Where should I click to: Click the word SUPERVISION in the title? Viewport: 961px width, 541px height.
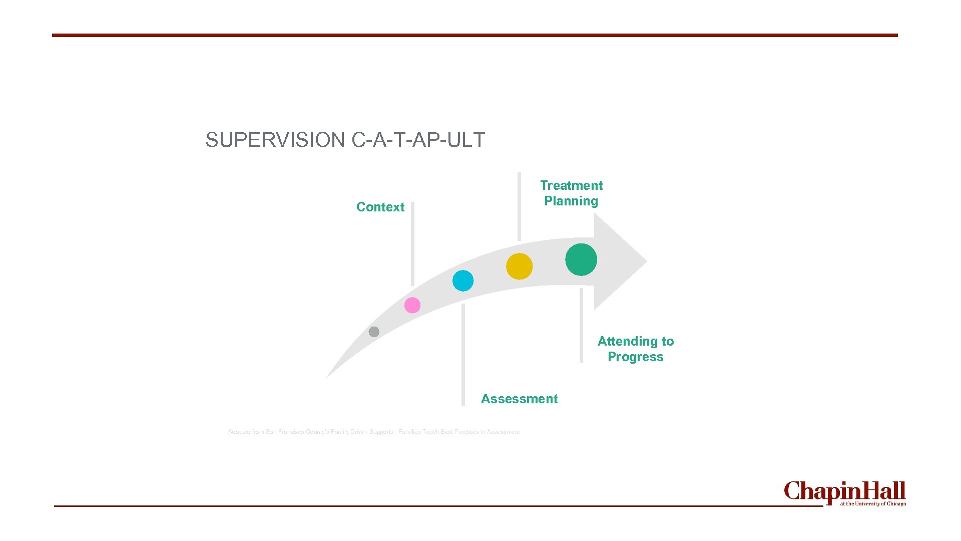pyautogui.click(x=275, y=140)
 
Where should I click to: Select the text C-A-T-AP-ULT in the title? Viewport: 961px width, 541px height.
pyautogui.click(x=418, y=140)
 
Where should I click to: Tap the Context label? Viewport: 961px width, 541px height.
pyautogui.click(x=380, y=207)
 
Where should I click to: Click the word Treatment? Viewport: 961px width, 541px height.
pyautogui.click(x=571, y=185)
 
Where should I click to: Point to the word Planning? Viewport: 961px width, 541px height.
pyautogui.click(x=571, y=201)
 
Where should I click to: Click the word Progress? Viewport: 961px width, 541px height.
pyautogui.click(x=635, y=357)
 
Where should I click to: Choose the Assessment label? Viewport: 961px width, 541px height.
pyautogui.click(x=519, y=399)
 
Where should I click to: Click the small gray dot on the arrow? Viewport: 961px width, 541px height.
pyautogui.click(x=374, y=332)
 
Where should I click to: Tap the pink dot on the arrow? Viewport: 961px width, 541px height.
pyautogui.click(x=412, y=305)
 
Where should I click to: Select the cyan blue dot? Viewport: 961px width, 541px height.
pyautogui.click(x=463, y=281)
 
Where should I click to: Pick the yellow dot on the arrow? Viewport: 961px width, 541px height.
pyautogui.click(x=519, y=266)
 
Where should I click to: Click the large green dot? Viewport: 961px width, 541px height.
pyautogui.click(x=581, y=259)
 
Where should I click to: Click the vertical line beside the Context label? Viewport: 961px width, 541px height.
pyautogui.click(x=412, y=243)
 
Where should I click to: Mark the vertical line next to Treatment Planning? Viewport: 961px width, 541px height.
pyautogui.click(x=519, y=206)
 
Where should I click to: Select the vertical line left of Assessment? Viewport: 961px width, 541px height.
pyautogui.click(x=463, y=355)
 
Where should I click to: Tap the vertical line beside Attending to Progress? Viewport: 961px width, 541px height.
pyautogui.click(x=581, y=325)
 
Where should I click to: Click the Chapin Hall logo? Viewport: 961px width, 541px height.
pyautogui.click(x=844, y=493)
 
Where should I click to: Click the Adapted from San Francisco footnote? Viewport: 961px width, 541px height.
pyautogui.click(x=373, y=432)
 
